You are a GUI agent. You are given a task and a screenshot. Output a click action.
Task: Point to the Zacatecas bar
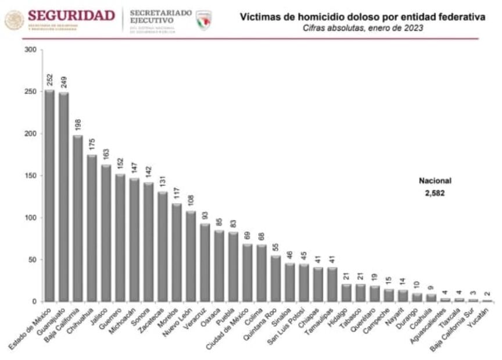click(163, 246)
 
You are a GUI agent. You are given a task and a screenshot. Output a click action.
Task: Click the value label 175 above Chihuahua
click(92, 145)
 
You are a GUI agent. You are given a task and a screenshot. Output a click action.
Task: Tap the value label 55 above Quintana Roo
click(275, 247)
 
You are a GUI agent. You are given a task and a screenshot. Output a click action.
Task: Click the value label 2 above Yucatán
click(487, 294)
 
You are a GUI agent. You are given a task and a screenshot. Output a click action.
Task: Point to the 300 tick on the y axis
click(31, 50)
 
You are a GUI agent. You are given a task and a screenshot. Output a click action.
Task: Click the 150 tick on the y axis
click(31, 176)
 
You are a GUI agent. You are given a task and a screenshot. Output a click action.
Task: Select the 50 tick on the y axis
click(33, 260)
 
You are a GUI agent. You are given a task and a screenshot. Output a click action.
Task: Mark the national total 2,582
click(435, 193)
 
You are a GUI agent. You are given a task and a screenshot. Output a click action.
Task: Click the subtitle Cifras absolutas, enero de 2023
click(363, 28)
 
